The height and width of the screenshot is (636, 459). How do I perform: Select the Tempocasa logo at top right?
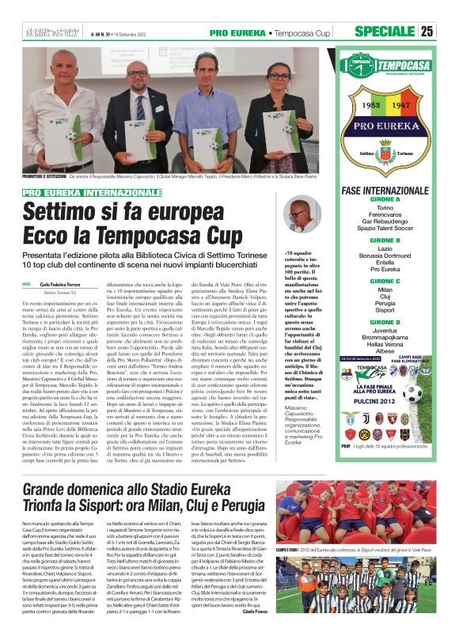coord(386,63)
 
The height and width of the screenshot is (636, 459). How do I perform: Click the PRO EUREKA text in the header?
coord(237,32)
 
